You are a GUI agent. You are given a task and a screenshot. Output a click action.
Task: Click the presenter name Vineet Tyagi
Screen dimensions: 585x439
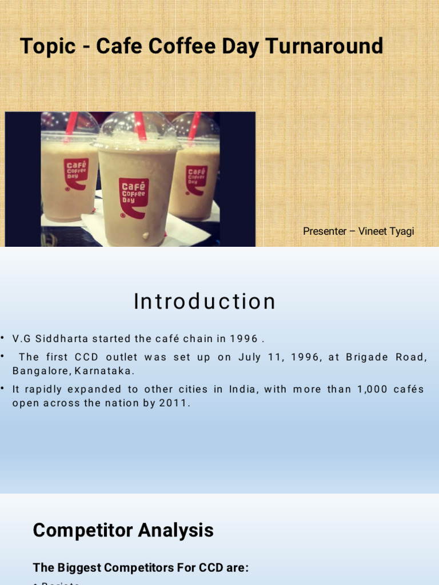point(386,231)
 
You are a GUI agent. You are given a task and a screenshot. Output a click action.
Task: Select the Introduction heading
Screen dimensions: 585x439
point(205,302)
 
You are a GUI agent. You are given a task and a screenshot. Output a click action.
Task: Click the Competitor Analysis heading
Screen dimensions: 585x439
point(123,530)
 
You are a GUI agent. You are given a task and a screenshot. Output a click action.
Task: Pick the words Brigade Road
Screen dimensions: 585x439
point(386,357)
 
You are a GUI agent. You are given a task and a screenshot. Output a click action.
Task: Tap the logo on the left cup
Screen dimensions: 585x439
point(75,173)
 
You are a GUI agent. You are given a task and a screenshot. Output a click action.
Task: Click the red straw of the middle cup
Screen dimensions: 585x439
point(140,125)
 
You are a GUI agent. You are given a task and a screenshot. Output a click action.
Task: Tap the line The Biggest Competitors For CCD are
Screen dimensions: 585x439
point(141,567)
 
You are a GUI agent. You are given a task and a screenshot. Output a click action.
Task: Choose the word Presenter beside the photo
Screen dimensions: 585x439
point(325,231)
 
